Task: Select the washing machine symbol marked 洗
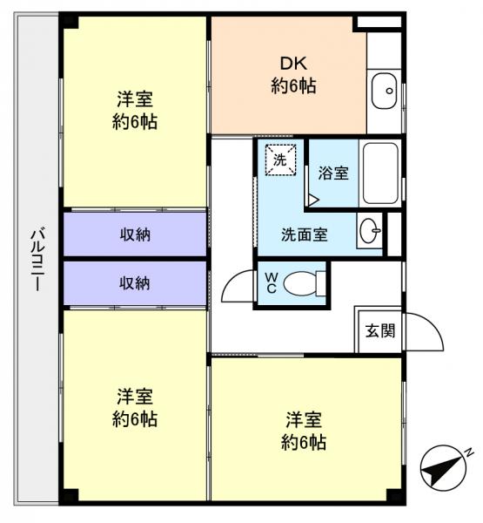coord(280,161)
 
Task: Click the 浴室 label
coord(333,173)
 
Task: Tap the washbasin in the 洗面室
coord(369,232)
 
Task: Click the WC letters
coord(270,283)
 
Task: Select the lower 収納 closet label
coord(135,282)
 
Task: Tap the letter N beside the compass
coord(467,452)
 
